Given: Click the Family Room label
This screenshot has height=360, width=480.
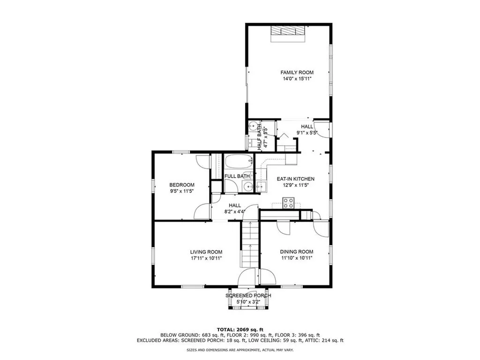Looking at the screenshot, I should (x=297, y=72).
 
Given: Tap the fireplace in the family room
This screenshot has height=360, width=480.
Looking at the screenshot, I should (x=288, y=31).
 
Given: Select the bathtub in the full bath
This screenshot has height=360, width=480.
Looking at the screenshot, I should (x=239, y=163).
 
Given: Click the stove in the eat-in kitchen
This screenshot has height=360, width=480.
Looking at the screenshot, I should (x=288, y=203).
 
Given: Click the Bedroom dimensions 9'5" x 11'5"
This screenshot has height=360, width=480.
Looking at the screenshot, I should (x=181, y=191).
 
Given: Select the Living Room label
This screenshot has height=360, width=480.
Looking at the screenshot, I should (x=206, y=252).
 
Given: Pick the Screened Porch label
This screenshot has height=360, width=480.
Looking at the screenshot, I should (x=248, y=296).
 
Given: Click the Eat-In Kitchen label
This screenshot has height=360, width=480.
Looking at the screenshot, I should (x=295, y=179).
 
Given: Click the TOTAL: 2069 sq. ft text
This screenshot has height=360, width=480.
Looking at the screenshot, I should (x=240, y=329).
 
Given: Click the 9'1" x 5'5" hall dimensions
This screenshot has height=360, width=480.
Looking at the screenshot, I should (x=307, y=133).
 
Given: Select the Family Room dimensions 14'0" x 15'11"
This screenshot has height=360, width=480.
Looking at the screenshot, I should (x=297, y=79).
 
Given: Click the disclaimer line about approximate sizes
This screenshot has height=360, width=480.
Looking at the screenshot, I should (x=240, y=350).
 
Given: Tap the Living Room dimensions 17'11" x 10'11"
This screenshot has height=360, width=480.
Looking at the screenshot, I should (x=206, y=258).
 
